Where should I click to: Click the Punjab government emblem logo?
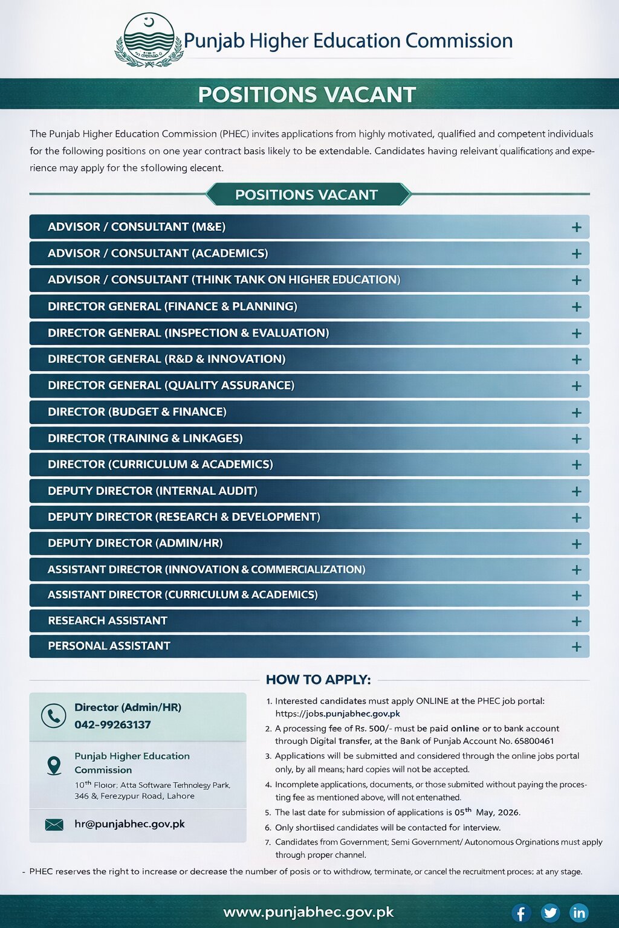tap(149, 40)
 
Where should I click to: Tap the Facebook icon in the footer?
tap(521, 912)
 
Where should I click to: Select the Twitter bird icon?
tap(550, 912)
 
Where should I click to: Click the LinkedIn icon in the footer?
tap(578, 912)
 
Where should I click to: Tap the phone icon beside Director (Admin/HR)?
tap(53, 715)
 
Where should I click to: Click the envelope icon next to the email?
tap(54, 825)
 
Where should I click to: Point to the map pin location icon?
tap(54, 765)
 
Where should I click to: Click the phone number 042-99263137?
tap(112, 724)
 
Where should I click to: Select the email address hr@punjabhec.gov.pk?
tap(129, 824)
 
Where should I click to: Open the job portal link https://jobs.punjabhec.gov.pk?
tap(337, 714)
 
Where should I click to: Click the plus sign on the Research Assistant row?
tap(577, 621)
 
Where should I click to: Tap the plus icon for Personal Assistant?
tap(577, 646)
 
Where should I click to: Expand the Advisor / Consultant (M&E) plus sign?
tap(577, 227)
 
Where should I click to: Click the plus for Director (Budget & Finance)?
tap(577, 412)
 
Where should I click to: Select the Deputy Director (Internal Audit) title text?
tap(152, 491)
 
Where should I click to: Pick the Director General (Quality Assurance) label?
tap(171, 385)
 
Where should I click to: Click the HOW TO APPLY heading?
tap(318, 680)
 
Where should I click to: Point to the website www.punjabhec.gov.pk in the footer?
tap(308, 912)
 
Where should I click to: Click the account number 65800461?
tap(534, 741)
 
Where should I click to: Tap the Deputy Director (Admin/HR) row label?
tap(135, 543)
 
